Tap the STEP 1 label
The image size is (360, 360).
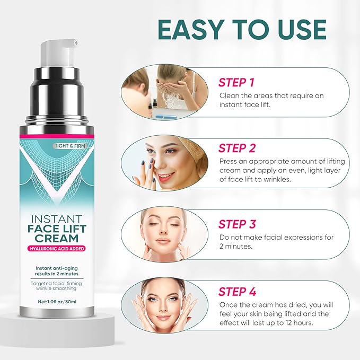tap(236, 82)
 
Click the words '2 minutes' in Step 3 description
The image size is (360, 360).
tap(238, 247)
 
